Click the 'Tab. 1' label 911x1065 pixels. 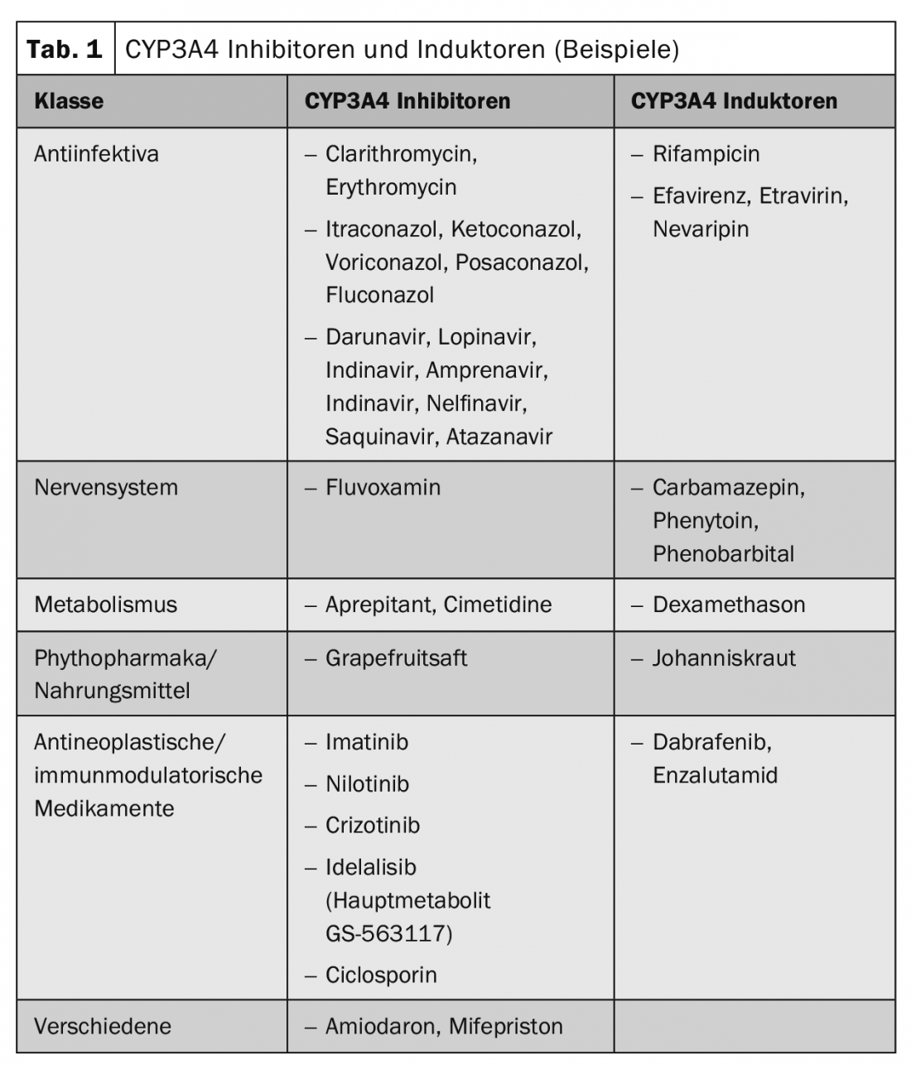point(65,49)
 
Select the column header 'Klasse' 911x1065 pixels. point(69,101)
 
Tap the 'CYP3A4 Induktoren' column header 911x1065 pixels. point(734,101)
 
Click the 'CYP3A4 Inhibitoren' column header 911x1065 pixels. point(407,101)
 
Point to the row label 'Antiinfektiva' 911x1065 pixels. point(96,154)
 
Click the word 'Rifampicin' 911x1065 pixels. point(706,154)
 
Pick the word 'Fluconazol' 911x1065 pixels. point(379,295)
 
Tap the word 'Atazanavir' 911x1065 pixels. point(499,436)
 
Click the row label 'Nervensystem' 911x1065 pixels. point(106,487)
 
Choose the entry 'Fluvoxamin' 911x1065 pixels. point(383,487)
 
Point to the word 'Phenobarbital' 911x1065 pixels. point(723,553)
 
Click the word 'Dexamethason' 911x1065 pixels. point(729,605)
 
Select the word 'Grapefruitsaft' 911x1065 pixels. point(396,658)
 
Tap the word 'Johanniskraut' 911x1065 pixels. point(724,658)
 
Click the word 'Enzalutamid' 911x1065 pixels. point(715,775)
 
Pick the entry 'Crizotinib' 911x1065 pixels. point(373,825)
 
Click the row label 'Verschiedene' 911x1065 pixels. point(103,1026)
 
